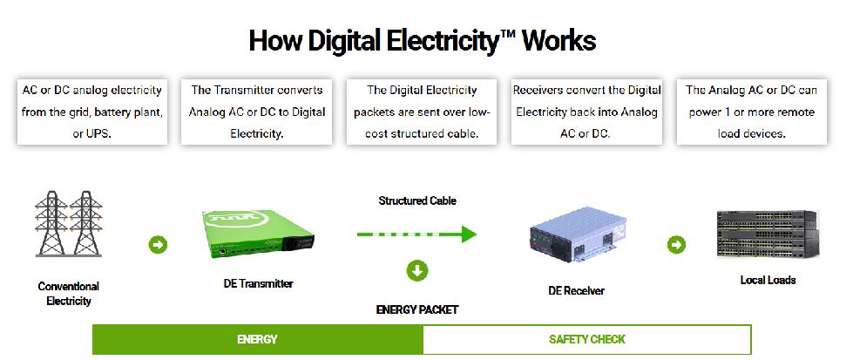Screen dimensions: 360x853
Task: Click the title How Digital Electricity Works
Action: (423, 41)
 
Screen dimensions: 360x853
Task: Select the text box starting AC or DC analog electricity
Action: (92, 112)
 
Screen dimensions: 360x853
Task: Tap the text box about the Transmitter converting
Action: (257, 112)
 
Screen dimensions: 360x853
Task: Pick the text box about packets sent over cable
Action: (422, 112)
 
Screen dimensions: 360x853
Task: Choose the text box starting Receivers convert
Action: (586, 112)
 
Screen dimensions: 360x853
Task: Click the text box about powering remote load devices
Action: (751, 112)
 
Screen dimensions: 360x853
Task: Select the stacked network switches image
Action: (767, 234)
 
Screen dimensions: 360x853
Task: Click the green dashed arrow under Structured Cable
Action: (416, 234)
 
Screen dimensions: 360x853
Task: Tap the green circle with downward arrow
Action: (417, 270)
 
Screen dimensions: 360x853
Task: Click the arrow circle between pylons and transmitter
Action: (159, 244)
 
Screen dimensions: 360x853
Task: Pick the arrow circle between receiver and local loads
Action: (676, 245)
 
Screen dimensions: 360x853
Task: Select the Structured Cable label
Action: (417, 200)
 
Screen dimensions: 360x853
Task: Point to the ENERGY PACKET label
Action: (417, 309)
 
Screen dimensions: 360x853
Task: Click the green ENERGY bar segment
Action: (257, 339)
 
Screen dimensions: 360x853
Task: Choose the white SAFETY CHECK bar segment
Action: (586, 339)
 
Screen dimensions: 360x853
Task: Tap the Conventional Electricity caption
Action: (69, 293)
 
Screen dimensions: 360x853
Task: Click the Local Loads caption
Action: (768, 280)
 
